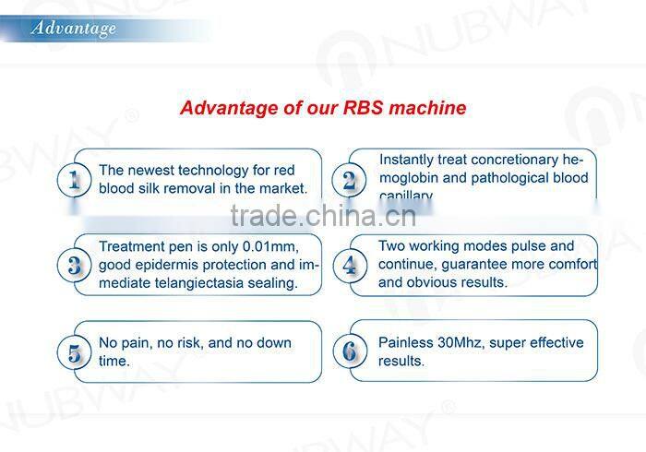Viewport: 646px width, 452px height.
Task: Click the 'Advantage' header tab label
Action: coord(74,28)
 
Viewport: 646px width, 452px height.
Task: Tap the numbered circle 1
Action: coord(74,179)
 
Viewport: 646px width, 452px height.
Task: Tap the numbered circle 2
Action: coord(349,179)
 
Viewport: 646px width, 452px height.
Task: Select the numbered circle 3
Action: coord(74,266)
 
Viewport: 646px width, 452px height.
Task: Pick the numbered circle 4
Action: coord(349,266)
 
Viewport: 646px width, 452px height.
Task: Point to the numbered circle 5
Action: coord(74,352)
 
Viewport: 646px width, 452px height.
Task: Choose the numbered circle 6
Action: coord(349,351)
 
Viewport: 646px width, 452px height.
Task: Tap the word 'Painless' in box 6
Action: coord(407,342)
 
